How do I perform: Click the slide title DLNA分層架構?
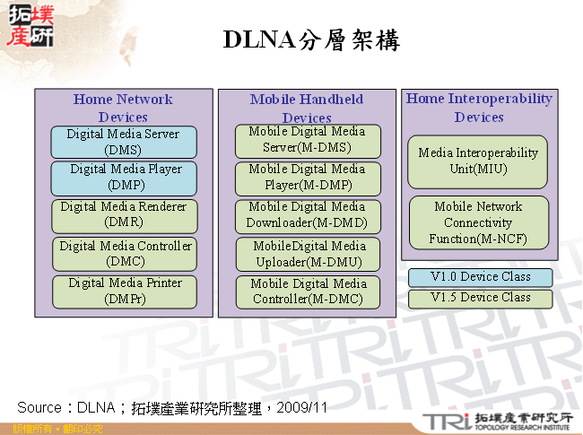(310, 40)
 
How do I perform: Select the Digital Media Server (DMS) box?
(123, 142)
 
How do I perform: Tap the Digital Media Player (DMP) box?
(123, 178)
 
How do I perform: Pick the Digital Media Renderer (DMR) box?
(123, 214)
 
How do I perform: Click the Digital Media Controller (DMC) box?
(123, 254)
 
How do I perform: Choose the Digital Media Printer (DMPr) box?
(123, 291)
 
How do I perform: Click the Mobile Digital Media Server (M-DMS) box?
(308, 140)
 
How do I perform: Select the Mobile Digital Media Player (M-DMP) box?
(308, 178)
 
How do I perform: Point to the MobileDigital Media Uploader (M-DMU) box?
(308, 254)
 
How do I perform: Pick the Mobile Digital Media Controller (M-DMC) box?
(308, 291)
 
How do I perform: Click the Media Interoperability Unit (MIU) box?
(478, 161)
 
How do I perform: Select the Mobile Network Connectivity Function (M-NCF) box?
(478, 222)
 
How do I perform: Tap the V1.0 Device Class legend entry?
(480, 277)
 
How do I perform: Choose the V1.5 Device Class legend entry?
(480, 298)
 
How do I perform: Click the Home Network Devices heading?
(123, 108)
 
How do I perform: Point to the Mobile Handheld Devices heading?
(307, 109)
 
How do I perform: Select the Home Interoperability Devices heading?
(479, 108)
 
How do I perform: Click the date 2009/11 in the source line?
(302, 408)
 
